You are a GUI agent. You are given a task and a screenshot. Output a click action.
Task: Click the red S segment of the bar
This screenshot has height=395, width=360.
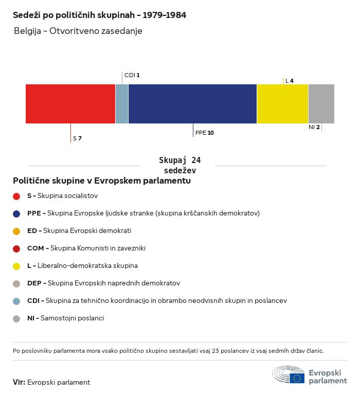coord(70,104)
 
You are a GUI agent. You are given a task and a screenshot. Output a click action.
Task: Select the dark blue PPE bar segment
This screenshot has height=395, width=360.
coord(192,104)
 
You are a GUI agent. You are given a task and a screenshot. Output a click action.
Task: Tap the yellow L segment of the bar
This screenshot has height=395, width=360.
coord(282,104)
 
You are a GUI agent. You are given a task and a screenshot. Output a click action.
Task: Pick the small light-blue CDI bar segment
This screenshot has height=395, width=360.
coord(122,104)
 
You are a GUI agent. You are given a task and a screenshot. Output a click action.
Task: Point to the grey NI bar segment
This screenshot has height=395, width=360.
coord(321,104)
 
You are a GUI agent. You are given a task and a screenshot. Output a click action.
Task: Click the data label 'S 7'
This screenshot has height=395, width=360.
coord(77,138)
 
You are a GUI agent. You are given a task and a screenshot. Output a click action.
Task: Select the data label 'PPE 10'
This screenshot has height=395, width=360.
coord(204,133)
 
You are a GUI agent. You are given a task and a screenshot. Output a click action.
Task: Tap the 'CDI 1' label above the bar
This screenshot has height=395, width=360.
coord(132,75)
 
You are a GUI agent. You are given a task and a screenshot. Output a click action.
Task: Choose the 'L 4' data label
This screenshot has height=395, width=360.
coord(290,81)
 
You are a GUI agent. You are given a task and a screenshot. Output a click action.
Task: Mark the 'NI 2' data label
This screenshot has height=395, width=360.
coord(314,127)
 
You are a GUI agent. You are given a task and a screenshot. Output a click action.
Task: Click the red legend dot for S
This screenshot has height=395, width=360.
coord(16,196)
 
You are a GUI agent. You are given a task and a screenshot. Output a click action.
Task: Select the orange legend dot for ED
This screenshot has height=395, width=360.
coord(16,231)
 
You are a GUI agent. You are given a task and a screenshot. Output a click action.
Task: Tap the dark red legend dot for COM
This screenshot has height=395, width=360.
coord(16,248)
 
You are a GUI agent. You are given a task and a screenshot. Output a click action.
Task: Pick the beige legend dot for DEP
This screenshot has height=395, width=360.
coord(16,283)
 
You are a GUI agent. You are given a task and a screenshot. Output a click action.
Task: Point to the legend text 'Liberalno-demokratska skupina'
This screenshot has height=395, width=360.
coord(87,266)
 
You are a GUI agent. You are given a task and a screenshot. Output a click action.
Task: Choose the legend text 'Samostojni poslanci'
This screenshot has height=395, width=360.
coord(72,318)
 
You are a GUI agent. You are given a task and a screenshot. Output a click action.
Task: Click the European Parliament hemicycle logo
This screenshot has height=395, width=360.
coord(289,375)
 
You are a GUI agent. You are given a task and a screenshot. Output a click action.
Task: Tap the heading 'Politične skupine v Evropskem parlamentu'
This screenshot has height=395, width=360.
coord(102,181)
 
